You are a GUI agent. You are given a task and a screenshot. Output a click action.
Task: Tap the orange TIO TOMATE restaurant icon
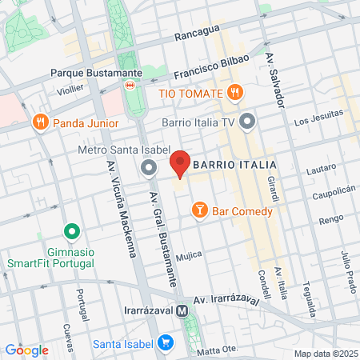pyautogui.click(x=234, y=92)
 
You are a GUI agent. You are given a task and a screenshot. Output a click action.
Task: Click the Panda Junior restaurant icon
pyautogui.click(x=41, y=122)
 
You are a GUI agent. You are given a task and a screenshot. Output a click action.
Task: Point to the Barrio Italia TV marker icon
pyautogui.click(x=247, y=122)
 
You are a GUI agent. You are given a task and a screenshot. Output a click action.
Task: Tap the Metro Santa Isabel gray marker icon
pyautogui.click(x=149, y=167)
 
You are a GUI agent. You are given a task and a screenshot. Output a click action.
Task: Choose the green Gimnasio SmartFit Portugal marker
pyautogui.click(x=72, y=233)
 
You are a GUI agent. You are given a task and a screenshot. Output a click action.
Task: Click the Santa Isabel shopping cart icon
pyautogui.click(x=166, y=342)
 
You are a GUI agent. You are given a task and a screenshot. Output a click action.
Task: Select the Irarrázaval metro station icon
pyautogui.click(x=183, y=310)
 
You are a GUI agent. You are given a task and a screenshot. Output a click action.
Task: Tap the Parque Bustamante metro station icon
pyautogui.click(x=129, y=84)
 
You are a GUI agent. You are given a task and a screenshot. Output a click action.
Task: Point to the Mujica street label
pyautogui.click(x=190, y=254)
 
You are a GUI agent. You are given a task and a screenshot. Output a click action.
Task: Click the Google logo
pyautogui.click(x=26, y=350)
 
